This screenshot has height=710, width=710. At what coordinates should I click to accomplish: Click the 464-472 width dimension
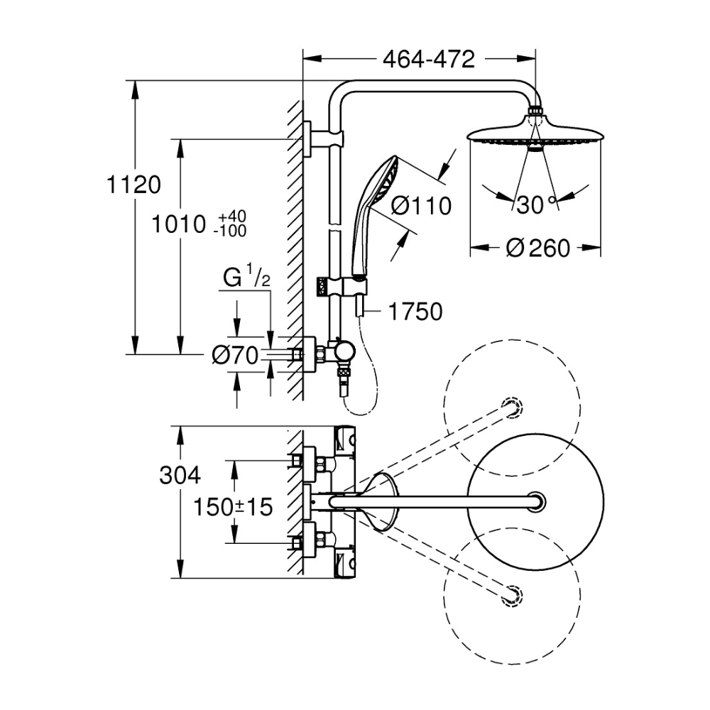point(428,60)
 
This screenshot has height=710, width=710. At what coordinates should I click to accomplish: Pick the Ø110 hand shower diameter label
point(421,207)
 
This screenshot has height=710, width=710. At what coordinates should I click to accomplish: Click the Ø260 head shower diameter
point(539,248)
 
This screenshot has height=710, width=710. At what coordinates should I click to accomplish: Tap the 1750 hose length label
point(416,311)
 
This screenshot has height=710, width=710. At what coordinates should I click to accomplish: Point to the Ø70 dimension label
point(234,356)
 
